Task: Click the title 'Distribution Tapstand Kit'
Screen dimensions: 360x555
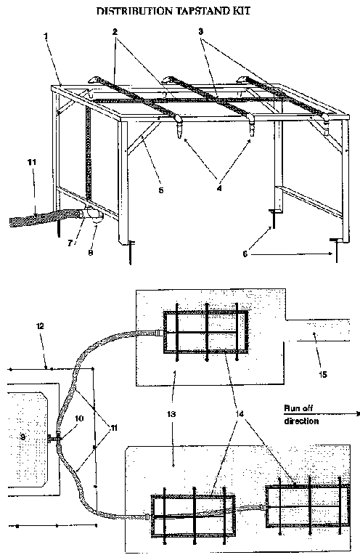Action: (173, 12)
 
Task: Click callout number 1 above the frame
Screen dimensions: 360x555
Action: (46, 36)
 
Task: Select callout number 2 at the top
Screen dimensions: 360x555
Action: (115, 32)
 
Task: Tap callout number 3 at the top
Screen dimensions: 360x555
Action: (200, 32)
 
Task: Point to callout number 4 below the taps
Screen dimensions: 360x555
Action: (219, 189)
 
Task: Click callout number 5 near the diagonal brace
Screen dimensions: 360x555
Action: (161, 190)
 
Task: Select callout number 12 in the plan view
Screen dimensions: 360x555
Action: (41, 326)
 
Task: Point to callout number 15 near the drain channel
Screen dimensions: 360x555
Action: (323, 374)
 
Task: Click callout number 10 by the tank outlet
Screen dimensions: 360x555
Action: (79, 418)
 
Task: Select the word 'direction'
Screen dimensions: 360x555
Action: (301, 421)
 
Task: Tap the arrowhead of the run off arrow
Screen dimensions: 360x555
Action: (357, 413)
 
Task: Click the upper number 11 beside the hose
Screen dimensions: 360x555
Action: (32, 163)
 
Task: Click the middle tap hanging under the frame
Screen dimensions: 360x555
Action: (251, 128)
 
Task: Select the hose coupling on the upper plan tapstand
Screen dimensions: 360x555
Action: (159, 333)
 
